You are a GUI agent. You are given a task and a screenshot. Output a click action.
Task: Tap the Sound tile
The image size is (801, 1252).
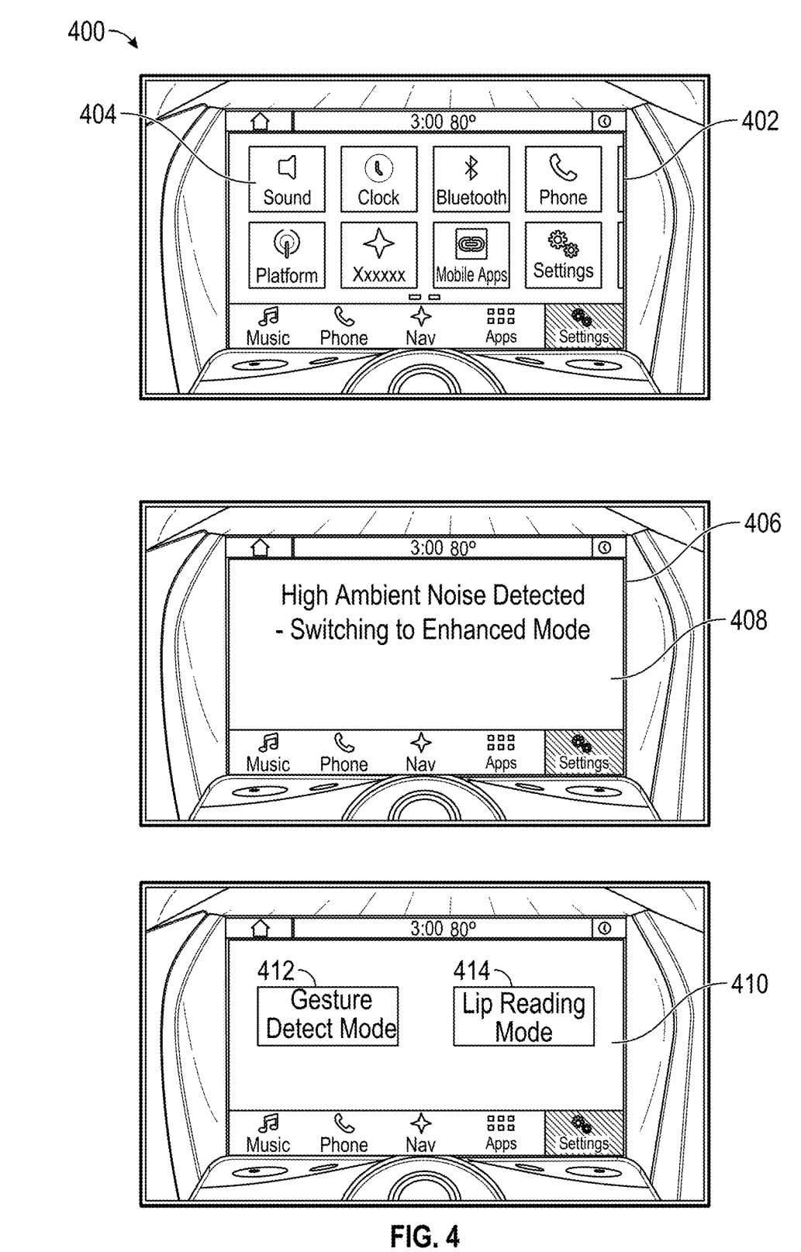287,179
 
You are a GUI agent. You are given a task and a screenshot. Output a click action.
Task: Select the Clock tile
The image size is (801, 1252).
378,179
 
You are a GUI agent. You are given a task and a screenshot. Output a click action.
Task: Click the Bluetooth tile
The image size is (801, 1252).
471,179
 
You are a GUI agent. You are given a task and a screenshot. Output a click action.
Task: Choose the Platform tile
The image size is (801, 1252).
287,255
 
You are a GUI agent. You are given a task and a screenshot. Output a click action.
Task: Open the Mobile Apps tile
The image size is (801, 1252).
471,255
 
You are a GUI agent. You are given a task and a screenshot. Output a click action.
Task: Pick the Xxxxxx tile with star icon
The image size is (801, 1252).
378,255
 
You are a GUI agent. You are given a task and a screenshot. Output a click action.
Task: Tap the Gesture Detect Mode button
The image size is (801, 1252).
327,1016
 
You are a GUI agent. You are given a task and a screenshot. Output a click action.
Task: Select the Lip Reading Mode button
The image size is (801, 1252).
523,1016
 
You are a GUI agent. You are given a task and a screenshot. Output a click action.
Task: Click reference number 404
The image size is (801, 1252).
98,115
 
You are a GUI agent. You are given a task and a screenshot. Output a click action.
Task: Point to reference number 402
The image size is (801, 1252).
759,121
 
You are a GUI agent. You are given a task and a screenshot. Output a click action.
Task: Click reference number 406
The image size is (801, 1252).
762,523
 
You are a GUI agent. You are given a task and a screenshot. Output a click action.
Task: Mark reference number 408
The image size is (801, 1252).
748,620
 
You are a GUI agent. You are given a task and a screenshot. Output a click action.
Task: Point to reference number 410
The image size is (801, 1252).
749,984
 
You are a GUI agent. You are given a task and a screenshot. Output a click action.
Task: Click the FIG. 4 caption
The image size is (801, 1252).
424,1235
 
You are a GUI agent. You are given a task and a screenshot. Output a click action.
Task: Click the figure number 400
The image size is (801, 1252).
85,32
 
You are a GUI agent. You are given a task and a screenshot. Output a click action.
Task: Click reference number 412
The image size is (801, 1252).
275,971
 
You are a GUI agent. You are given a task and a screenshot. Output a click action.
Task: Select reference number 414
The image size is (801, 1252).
471,971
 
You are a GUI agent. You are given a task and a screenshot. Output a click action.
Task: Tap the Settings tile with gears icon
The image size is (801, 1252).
563,255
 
